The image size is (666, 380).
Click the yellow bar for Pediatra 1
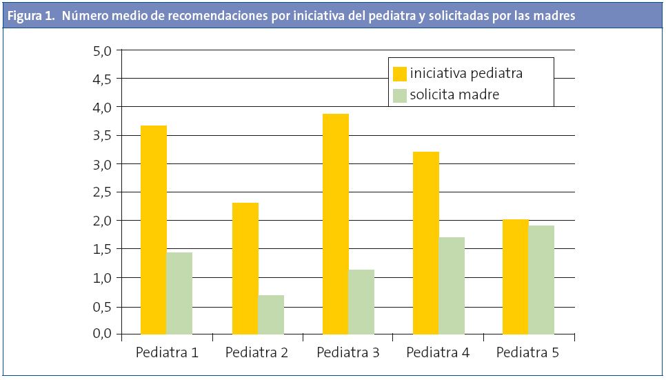[153, 230]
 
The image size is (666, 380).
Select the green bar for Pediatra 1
[179, 293]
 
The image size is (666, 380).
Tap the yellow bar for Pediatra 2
[245, 268]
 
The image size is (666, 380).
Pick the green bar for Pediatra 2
[271, 314]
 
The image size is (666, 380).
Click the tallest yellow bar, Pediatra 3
[336, 223]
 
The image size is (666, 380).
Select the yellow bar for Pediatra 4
[426, 243]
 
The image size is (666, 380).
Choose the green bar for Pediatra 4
[452, 286]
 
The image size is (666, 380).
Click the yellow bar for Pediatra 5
[515, 277]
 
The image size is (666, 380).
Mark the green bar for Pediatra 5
[541, 279]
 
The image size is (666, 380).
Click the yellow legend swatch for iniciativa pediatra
[400, 73]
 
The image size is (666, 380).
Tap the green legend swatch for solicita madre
[400, 95]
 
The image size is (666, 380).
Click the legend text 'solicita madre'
[454, 95]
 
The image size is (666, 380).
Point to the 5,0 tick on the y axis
[101, 51]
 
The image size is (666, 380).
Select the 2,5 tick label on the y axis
[101, 192]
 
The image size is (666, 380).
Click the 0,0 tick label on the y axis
[101, 333]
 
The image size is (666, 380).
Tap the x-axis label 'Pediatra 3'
[347, 353]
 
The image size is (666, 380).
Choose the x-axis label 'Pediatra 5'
[527, 353]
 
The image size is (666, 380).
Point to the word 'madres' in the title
[554, 17]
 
